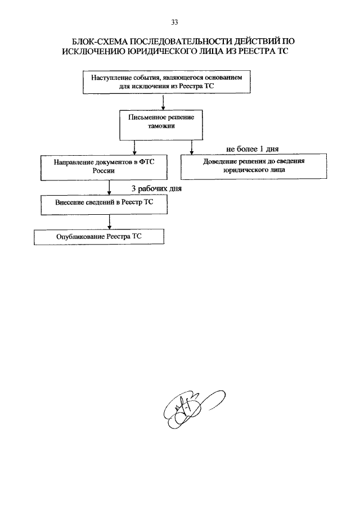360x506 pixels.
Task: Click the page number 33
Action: (x=174, y=22)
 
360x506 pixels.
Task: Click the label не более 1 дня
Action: (x=252, y=149)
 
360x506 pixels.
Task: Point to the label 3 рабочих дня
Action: (x=156, y=188)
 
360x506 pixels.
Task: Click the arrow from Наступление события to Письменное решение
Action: (x=163, y=102)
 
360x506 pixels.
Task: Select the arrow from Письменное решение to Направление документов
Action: (x=134, y=148)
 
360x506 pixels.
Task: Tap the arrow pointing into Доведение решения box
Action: (x=192, y=147)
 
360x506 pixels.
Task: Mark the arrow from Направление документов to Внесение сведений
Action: (x=110, y=187)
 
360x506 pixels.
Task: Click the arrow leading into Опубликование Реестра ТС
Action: (x=110, y=222)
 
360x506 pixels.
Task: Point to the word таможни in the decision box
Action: (x=161, y=126)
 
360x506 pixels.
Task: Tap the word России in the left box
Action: (x=103, y=171)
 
